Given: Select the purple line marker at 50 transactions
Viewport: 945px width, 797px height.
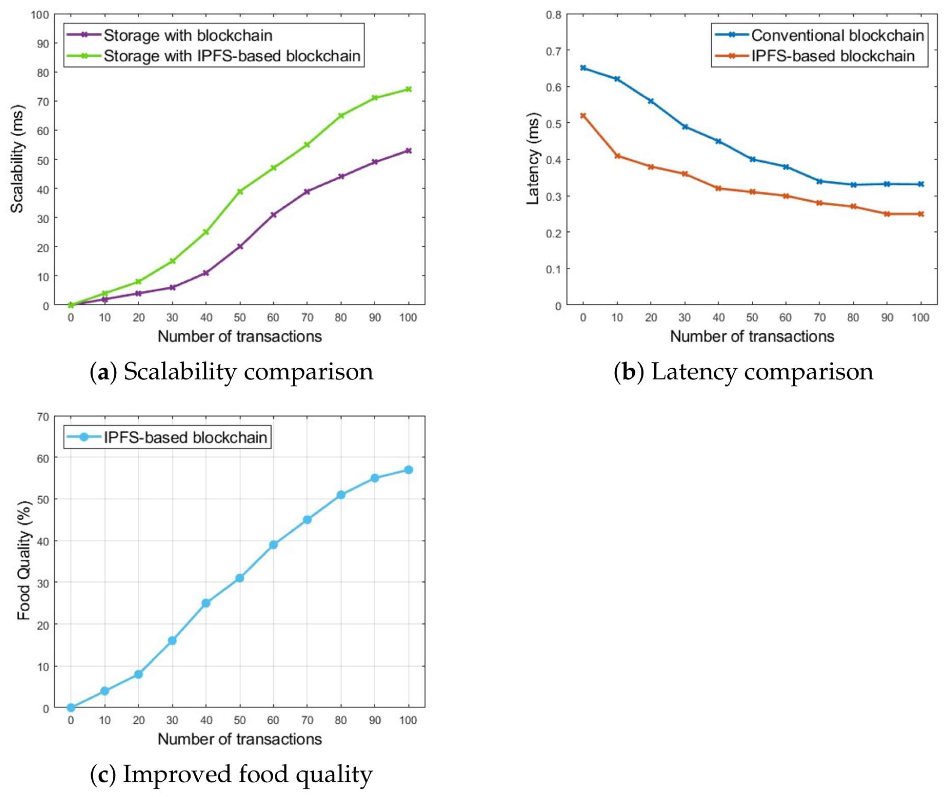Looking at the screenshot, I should coord(240,247).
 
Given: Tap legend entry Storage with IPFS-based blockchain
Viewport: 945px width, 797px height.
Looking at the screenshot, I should coord(232,56).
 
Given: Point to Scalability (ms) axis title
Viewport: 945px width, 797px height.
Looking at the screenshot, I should coord(17,159).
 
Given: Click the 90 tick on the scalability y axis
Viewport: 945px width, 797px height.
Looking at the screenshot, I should coord(40,43).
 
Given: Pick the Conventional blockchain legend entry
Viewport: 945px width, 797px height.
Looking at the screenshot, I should coord(837,35).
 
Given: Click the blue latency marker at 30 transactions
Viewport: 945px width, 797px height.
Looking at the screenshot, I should coord(685,127).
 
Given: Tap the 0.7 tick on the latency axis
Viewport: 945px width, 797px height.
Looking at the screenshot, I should coord(553,51).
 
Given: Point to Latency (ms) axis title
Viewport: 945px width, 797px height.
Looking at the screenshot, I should coord(533,159).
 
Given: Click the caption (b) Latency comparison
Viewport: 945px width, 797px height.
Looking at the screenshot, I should coord(743,372).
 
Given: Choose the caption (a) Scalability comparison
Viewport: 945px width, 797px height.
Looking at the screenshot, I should coord(232,372).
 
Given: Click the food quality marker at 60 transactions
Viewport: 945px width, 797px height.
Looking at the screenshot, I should coord(273,545).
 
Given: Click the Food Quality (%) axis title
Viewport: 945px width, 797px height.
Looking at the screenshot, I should coord(23,561).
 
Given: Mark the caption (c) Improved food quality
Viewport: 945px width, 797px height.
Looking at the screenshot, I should coord(232,774).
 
